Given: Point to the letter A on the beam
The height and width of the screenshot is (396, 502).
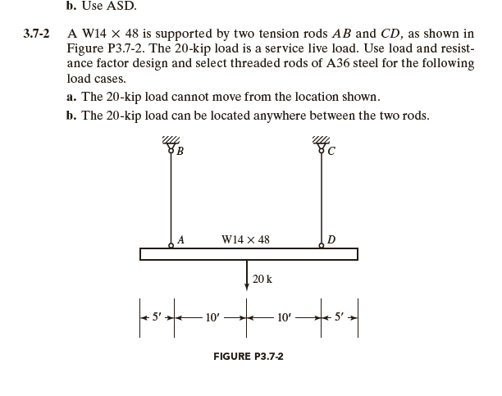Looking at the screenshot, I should click(x=180, y=239).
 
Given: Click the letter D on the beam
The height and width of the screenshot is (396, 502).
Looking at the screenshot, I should click(x=330, y=239).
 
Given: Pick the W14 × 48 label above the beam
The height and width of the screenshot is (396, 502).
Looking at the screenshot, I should click(x=245, y=239).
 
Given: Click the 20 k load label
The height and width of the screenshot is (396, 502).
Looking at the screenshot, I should click(x=262, y=279).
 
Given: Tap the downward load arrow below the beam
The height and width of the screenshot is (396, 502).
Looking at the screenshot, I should click(x=247, y=275).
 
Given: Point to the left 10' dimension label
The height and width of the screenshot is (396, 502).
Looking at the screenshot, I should click(x=211, y=316).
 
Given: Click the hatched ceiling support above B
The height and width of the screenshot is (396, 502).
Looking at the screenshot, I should click(x=171, y=141).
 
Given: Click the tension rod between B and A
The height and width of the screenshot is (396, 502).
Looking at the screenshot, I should click(x=171, y=197).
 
